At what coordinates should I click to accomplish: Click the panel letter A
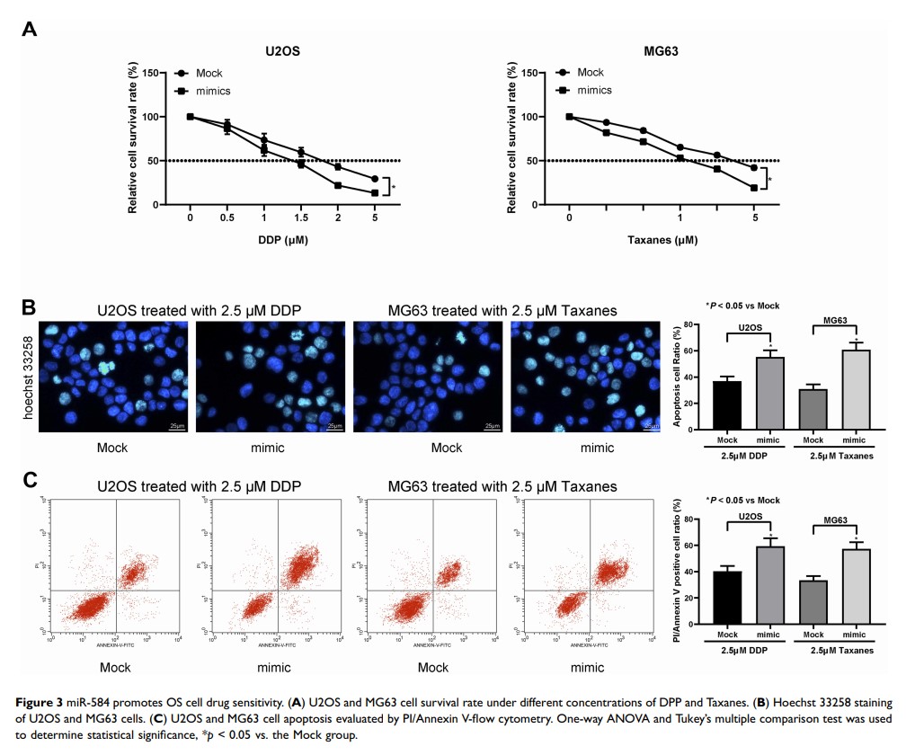(30, 29)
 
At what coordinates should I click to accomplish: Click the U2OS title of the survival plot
(282, 52)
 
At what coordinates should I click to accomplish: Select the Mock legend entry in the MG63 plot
(590, 73)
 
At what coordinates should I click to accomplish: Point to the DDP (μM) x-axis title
(282, 241)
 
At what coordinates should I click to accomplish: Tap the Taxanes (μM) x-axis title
(662, 241)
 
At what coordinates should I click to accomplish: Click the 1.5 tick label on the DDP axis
(301, 218)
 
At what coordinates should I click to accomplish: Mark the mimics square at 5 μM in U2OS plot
(375, 192)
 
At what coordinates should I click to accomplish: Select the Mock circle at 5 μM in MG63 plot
(753, 168)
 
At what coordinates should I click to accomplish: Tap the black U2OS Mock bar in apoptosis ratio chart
(726, 406)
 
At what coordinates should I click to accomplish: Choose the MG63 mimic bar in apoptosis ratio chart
(856, 390)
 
